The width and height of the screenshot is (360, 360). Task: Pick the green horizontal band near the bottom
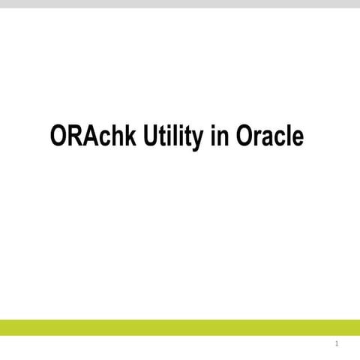(x=180, y=327)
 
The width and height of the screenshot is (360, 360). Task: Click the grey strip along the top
(x=180, y=4)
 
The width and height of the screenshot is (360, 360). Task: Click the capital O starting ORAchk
(x=58, y=136)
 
